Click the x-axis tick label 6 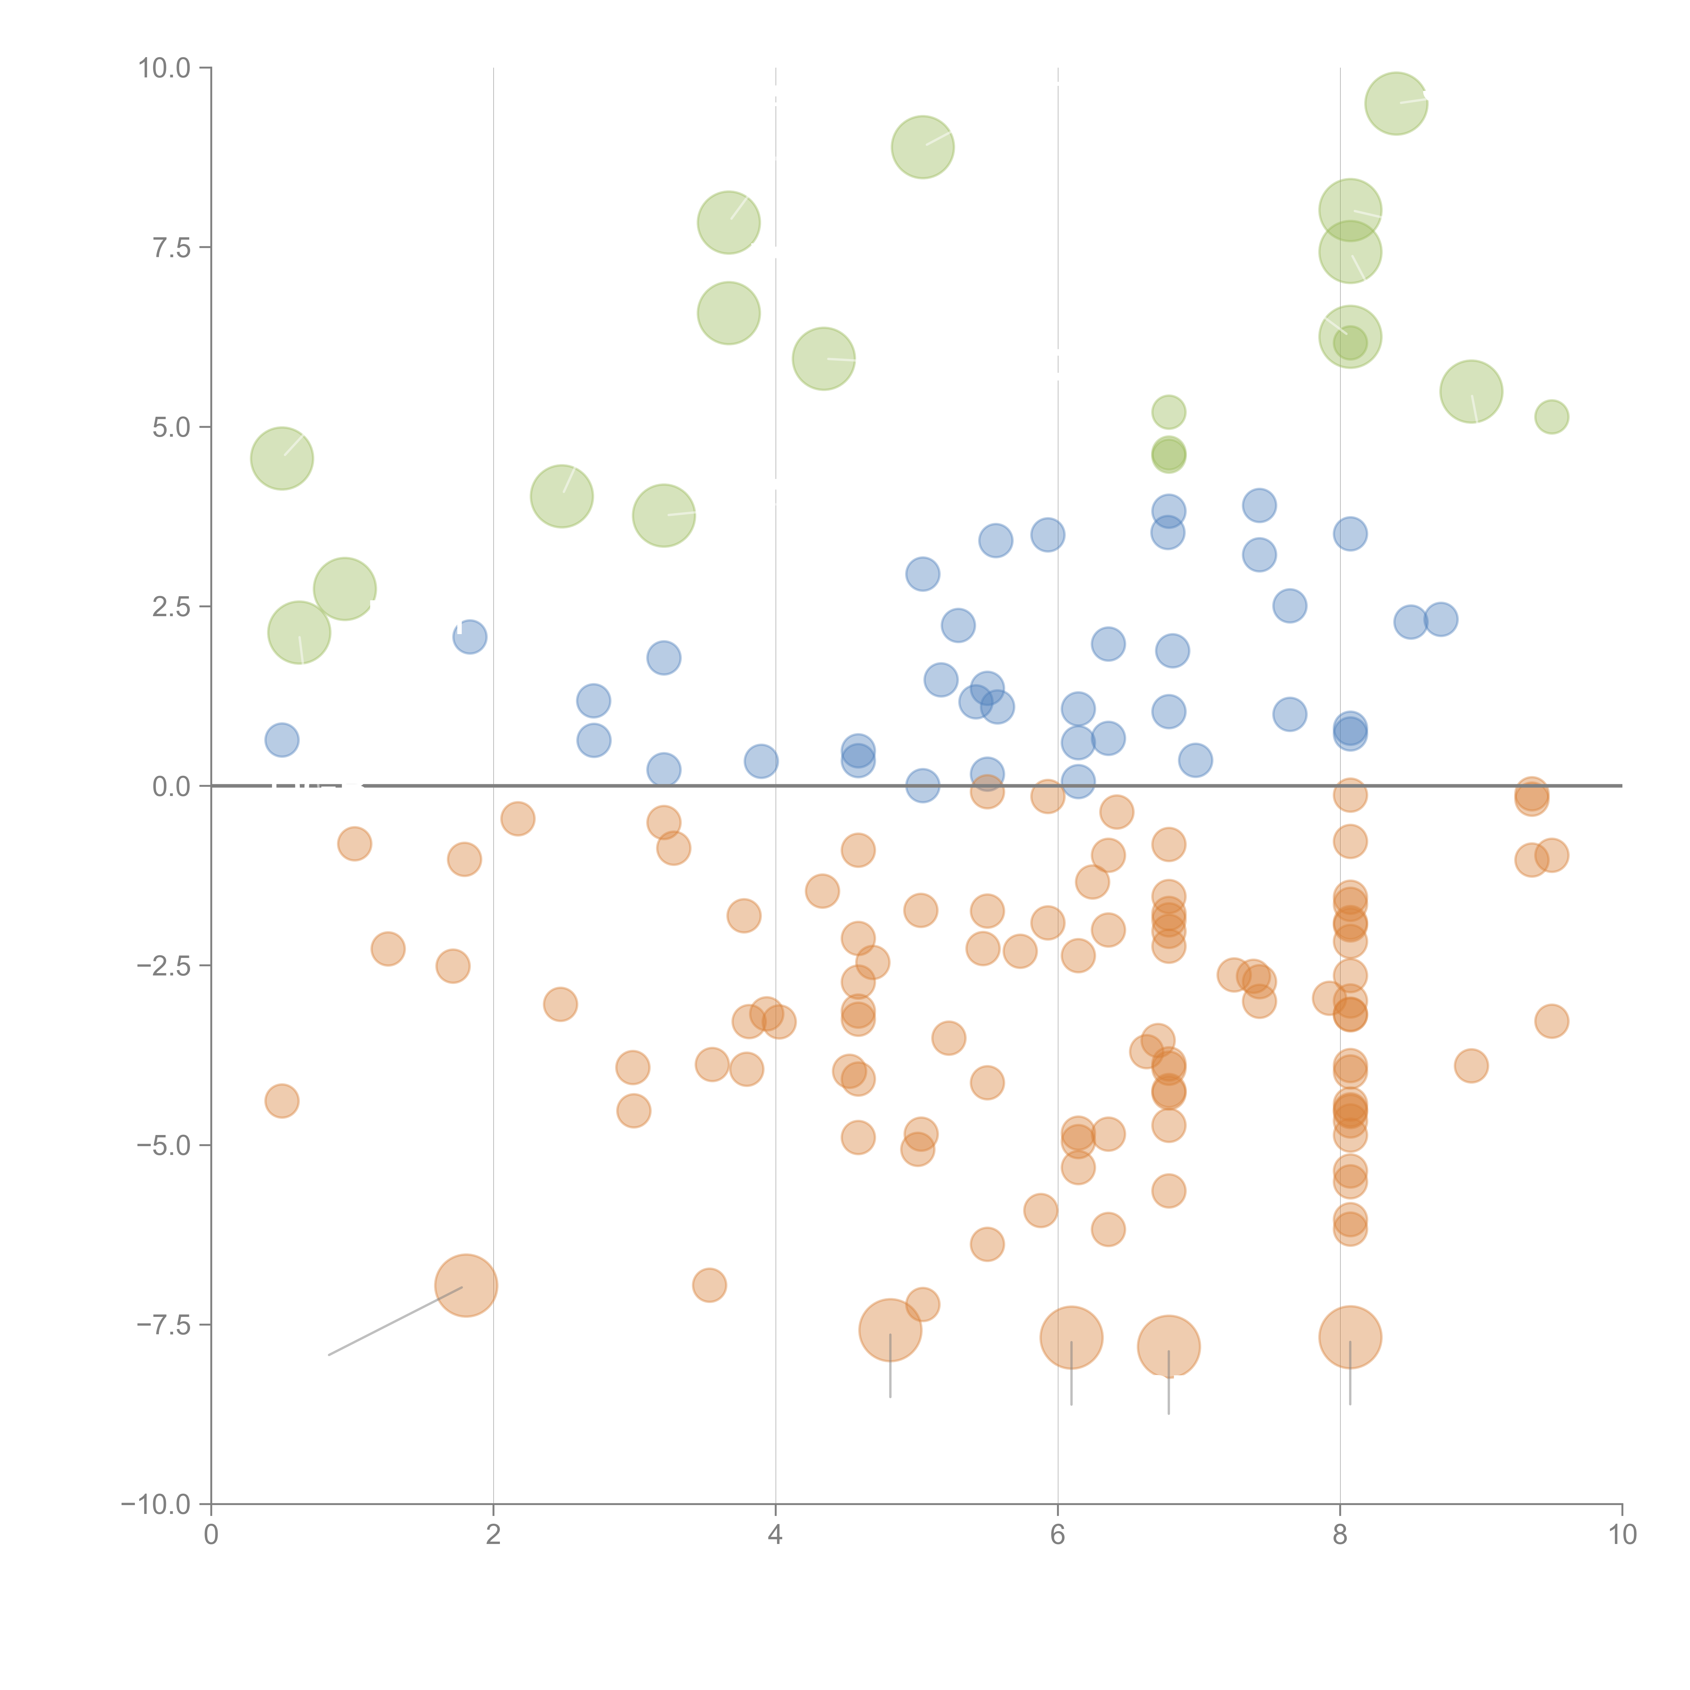coord(1058,1535)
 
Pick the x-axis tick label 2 coord(493,1535)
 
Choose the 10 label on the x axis coord(1622,1535)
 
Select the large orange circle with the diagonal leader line coord(466,1286)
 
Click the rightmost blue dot coord(1441,619)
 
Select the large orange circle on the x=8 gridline coord(1350,1337)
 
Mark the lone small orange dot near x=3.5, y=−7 coord(709,1285)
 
